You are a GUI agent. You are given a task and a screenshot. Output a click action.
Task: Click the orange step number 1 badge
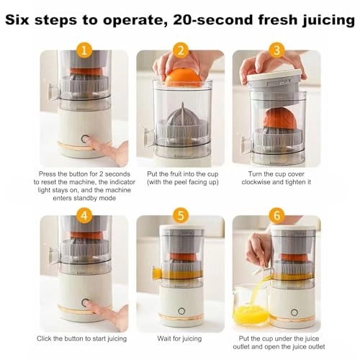86,50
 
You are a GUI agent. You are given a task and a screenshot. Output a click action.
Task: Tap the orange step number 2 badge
180,50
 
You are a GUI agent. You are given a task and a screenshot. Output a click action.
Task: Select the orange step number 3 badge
275,50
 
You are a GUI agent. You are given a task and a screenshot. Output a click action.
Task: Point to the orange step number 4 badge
86,215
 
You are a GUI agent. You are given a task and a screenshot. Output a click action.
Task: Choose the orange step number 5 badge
180,215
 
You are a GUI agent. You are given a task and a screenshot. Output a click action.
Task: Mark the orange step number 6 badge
275,215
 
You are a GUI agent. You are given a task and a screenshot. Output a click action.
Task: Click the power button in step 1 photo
84,140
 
